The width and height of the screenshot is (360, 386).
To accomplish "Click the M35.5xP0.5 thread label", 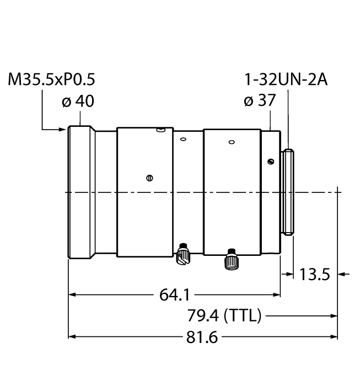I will point(52,81).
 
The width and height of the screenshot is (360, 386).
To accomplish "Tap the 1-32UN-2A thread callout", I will point(286,81).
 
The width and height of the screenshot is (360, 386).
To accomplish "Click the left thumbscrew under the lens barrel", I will point(183,254).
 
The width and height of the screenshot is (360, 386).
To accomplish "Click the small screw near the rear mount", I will point(270,161).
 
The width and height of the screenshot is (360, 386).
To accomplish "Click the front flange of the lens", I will point(81,192).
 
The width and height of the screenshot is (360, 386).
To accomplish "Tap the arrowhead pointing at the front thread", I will point(63,130).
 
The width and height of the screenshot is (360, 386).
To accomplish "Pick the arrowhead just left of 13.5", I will point(287,273).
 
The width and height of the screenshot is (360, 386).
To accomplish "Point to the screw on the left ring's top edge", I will point(159,131).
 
